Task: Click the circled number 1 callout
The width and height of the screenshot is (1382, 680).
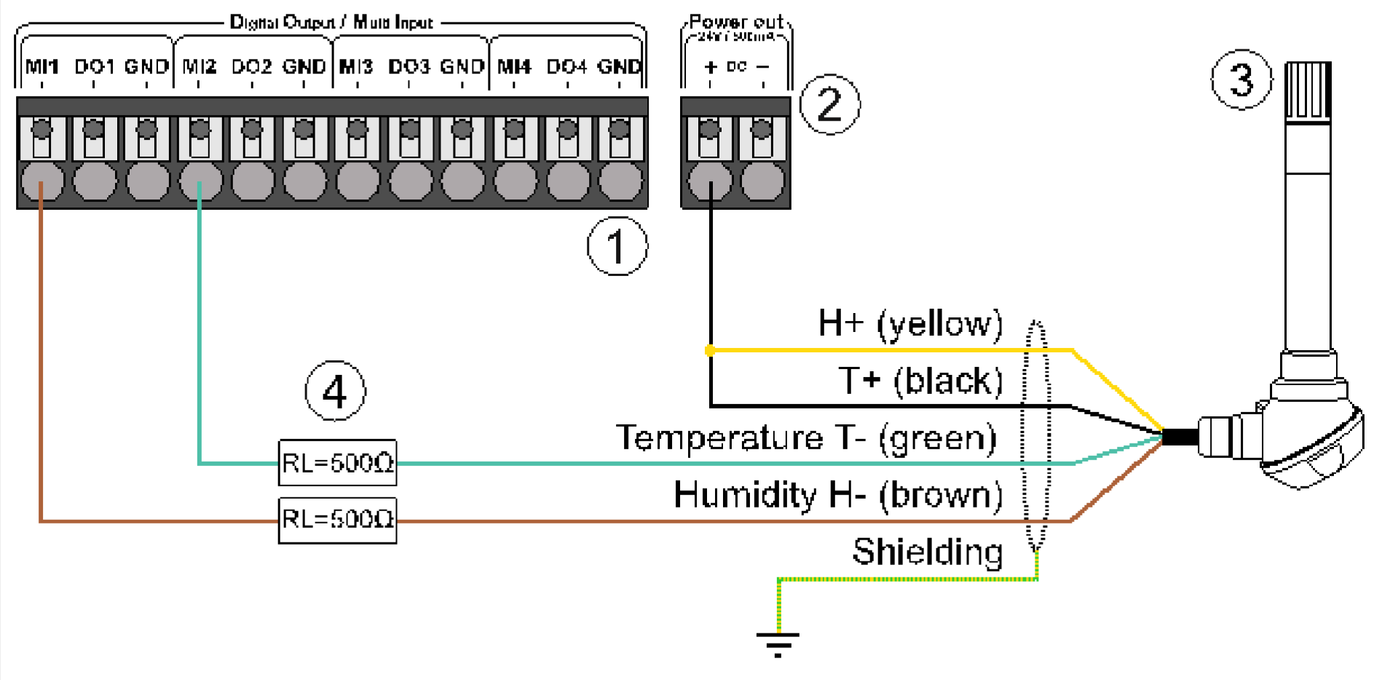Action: pos(617,246)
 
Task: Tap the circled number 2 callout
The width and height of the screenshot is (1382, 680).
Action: pos(829,104)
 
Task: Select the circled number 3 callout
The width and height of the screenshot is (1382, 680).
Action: pos(1241,79)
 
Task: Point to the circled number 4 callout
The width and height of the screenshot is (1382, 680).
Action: pos(335,392)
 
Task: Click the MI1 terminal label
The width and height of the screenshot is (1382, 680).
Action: pos(42,67)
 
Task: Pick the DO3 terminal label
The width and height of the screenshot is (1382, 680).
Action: pos(408,67)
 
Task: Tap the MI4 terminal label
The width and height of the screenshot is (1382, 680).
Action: pos(514,67)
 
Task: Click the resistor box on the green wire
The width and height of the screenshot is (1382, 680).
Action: pos(337,462)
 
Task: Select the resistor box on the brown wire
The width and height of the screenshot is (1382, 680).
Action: pos(337,520)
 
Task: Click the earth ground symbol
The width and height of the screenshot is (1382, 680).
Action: pos(778,642)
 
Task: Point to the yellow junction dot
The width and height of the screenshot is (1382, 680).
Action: pos(710,350)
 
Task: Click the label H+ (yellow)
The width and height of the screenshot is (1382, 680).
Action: pos(910,323)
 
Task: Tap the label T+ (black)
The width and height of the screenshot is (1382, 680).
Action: pos(920,380)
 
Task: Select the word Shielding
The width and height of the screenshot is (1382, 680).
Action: pos(927,551)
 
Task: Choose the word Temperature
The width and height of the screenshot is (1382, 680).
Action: pos(719,438)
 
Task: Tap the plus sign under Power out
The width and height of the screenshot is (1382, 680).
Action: pos(711,67)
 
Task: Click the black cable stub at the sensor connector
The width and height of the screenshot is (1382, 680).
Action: pos(1180,437)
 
